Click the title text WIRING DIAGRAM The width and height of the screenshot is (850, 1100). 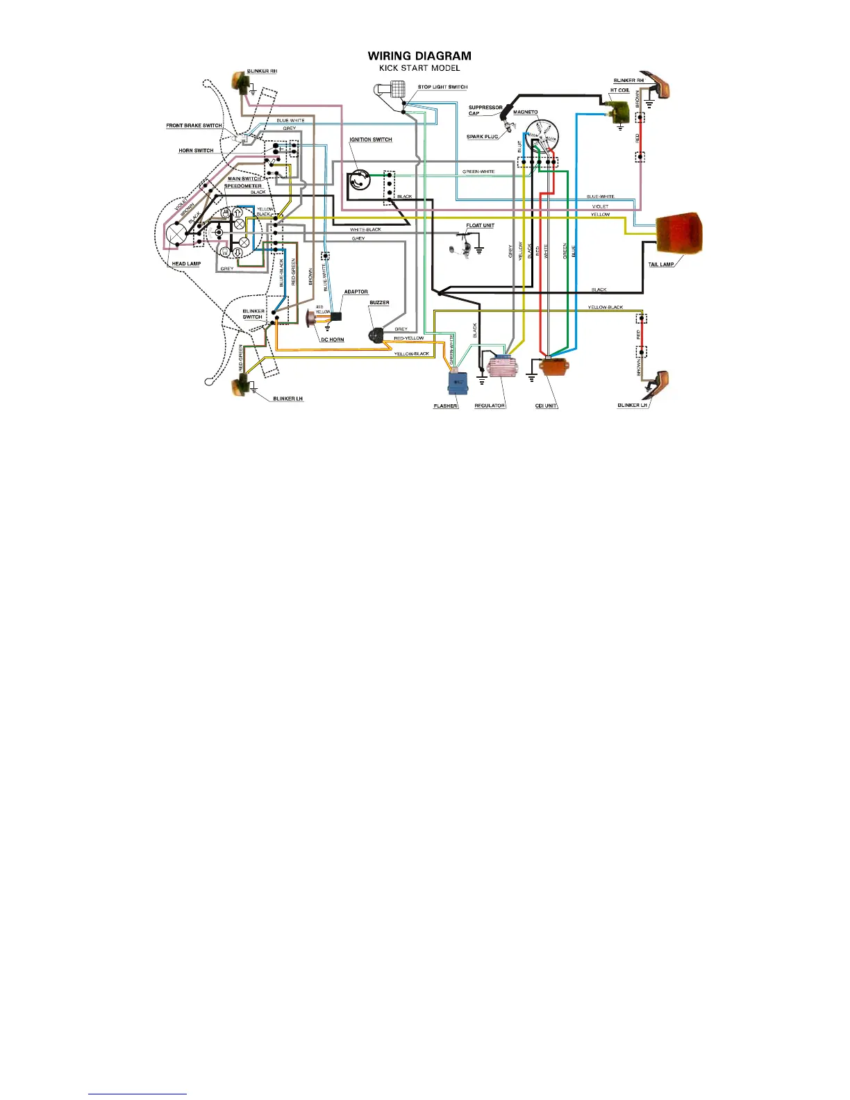point(419,56)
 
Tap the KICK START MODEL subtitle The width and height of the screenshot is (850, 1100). point(419,68)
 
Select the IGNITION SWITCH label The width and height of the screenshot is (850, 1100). point(370,140)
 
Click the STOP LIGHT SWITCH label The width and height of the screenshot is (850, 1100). point(442,87)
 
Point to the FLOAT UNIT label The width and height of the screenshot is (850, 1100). point(480,226)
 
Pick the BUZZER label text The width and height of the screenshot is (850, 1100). point(379,303)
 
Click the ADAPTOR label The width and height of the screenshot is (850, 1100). point(356,292)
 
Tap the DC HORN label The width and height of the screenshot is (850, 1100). point(332,340)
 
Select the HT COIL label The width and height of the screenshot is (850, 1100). point(619,90)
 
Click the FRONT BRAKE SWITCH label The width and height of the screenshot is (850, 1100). point(194,126)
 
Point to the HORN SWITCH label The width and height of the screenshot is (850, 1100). point(196,151)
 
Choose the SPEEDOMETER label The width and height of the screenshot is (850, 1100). point(242,186)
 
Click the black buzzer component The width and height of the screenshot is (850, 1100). point(376,335)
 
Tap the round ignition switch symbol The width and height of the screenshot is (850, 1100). point(360,181)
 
